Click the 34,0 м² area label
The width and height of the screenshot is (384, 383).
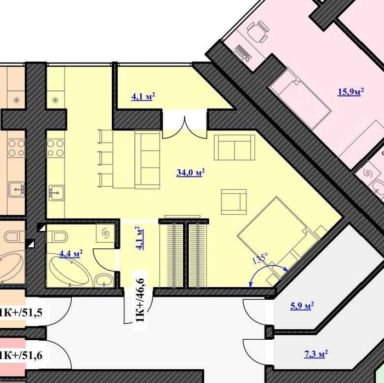click(x=191, y=173)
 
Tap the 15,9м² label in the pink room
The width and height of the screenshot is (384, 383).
click(x=351, y=92)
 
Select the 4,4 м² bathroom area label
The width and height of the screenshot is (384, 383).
click(x=71, y=254)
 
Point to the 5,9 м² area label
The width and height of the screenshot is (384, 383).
click(x=302, y=306)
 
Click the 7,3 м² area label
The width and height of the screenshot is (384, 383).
click(x=316, y=354)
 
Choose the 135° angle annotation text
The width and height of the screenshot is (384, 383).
click(x=260, y=259)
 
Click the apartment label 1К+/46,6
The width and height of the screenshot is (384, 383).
click(x=140, y=300)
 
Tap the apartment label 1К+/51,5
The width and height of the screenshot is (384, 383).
click(x=21, y=312)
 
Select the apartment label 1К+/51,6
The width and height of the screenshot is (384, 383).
click(x=21, y=355)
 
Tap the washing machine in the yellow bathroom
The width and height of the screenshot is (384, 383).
click(x=105, y=233)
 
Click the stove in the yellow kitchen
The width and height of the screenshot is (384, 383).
click(x=55, y=148)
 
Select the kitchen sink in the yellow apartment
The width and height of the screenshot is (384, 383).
click(x=56, y=193)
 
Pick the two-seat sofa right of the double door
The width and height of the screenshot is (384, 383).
click(x=234, y=147)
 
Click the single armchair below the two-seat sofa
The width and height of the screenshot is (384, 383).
click(x=234, y=202)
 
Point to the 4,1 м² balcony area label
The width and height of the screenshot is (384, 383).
click(x=143, y=96)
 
